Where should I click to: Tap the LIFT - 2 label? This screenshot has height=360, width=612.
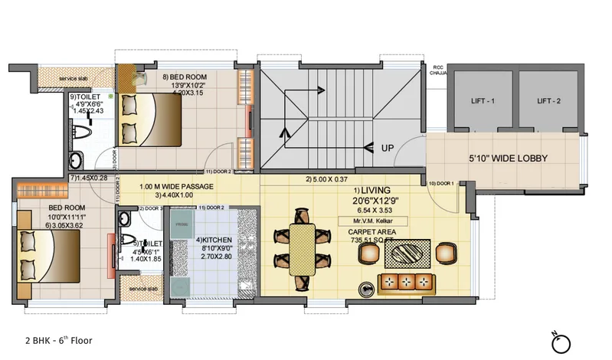550,101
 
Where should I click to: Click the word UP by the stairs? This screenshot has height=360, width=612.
388,148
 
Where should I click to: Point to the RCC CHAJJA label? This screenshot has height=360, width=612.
439,69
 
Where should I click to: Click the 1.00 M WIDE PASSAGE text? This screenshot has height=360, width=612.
176,186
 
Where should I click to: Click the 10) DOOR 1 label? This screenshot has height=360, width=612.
442,183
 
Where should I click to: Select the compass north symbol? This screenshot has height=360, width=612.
563,341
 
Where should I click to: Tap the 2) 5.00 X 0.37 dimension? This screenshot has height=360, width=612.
328,180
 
